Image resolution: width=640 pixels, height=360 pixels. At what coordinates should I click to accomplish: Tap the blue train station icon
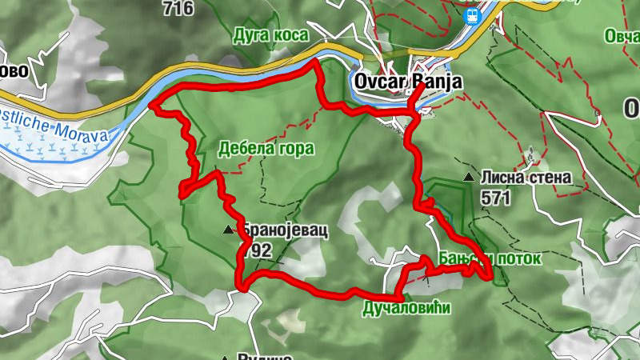[472, 14]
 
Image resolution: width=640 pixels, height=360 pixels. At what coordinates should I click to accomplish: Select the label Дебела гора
[266, 148]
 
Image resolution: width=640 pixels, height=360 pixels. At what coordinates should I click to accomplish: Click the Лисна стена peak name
[526, 178]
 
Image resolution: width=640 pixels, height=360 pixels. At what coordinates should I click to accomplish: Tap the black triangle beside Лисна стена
[468, 176]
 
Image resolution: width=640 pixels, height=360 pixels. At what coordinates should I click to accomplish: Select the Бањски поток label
[490, 259]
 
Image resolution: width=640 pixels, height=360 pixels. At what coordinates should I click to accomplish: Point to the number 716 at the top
[177, 9]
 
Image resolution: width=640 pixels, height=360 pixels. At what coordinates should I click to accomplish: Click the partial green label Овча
[622, 37]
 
